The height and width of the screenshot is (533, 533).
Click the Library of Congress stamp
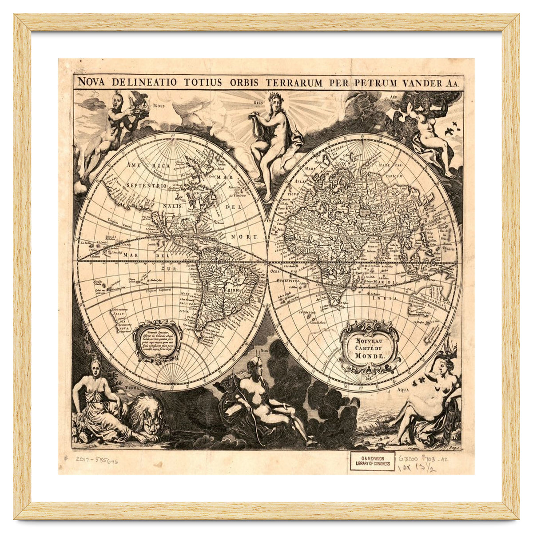372,461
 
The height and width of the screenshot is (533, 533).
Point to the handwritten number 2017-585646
96,461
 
